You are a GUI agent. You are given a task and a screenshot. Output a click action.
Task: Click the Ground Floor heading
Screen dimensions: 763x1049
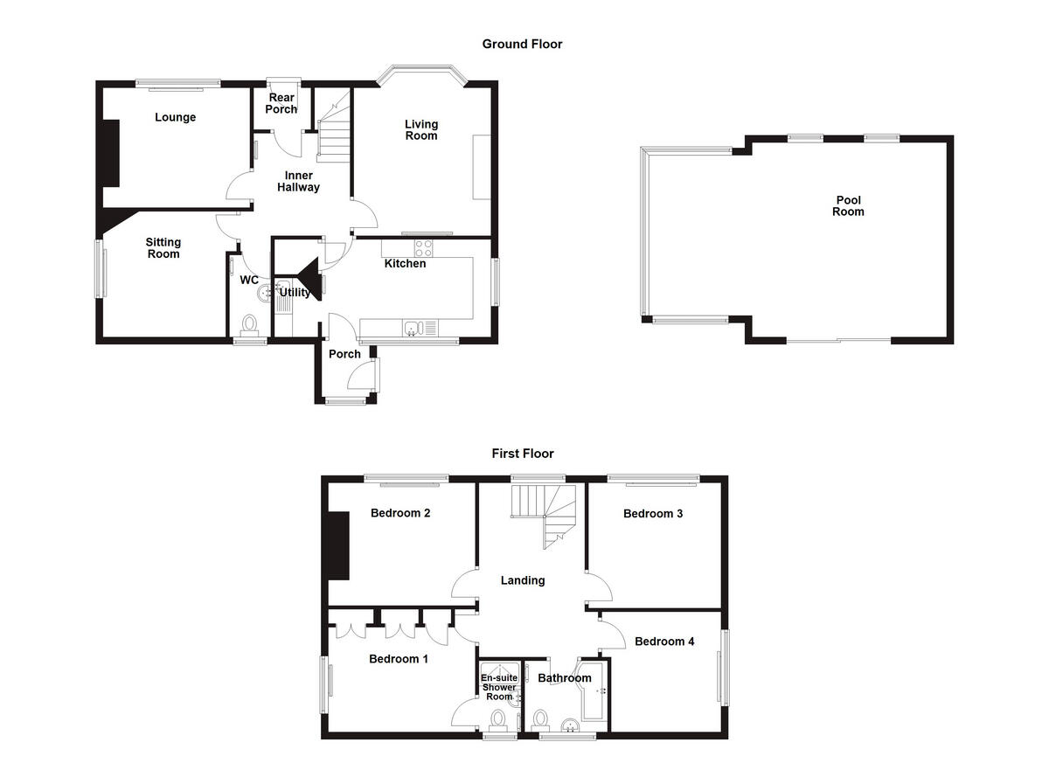[x=522, y=44]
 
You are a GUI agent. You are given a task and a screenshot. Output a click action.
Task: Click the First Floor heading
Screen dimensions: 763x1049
[x=522, y=454]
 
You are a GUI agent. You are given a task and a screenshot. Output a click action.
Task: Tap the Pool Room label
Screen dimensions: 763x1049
[x=847, y=205]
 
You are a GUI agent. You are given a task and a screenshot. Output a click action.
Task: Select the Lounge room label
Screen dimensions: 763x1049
[x=176, y=117]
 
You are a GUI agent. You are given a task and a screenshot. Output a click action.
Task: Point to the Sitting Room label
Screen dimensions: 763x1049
[x=163, y=248]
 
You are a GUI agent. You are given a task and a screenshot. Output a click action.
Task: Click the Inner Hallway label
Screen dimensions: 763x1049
[x=298, y=182]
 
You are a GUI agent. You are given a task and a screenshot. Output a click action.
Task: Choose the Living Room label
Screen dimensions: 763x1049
[x=420, y=130]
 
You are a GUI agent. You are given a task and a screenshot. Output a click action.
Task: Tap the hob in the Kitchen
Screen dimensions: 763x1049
[x=424, y=247]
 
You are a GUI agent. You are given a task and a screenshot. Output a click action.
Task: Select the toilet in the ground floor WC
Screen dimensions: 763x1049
[x=250, y=325]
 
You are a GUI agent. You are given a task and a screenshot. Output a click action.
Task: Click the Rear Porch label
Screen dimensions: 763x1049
[x=281, y=103]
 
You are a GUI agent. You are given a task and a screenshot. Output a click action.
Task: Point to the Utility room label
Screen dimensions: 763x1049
[x=295, y=293]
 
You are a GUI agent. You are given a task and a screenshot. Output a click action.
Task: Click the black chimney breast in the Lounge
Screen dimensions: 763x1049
[x=111, y=153]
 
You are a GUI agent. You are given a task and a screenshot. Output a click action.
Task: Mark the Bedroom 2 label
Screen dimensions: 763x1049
[x=399, y=513]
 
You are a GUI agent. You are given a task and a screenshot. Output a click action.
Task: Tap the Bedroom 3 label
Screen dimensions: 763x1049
[x=652, y=513]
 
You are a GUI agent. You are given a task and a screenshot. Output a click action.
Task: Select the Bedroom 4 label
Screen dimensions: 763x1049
[x=664, y=642]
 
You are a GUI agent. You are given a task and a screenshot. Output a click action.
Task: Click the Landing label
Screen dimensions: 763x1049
[x=523, y=580]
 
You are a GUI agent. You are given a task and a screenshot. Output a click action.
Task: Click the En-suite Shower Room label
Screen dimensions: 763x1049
[x=499, y=687]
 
